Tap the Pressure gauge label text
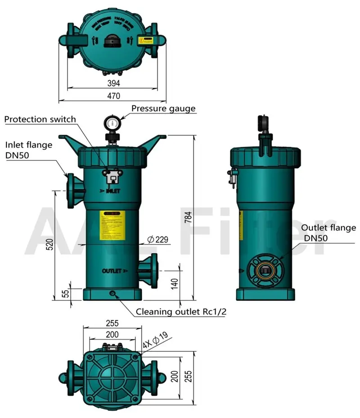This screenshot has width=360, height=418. pos(163,108)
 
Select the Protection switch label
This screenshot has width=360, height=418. pos(40,119)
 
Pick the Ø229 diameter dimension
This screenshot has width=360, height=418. pos(158,240)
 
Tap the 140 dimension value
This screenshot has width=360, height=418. pos(175,283)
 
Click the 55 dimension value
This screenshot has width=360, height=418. pos(66,294)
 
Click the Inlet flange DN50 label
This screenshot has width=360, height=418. pos(29,150)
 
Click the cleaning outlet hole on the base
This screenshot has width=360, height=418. pos(112,294)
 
